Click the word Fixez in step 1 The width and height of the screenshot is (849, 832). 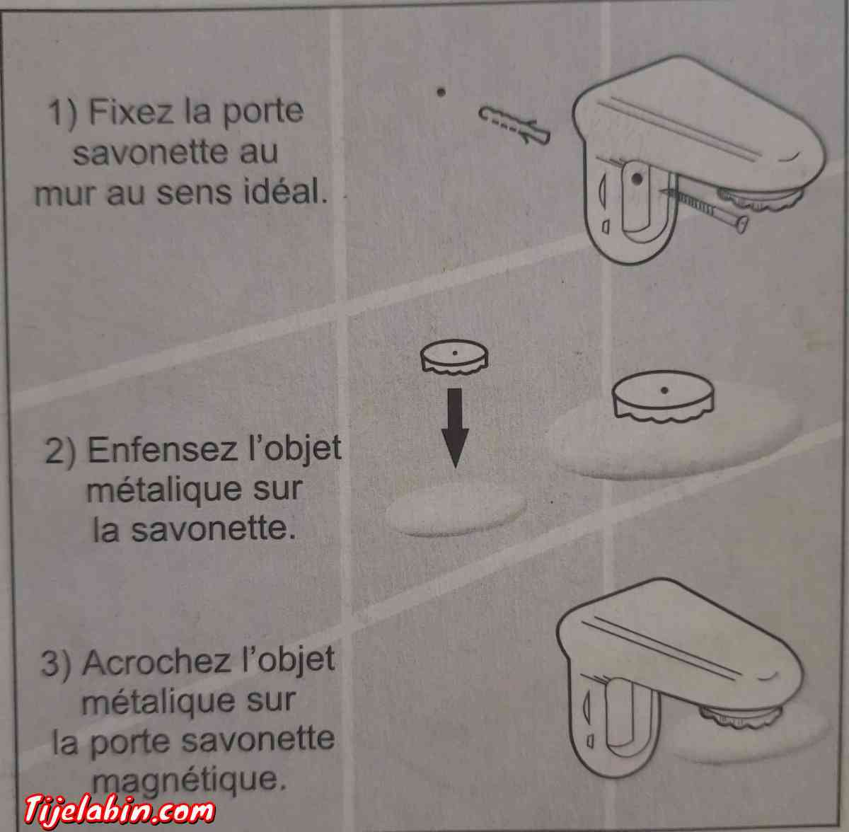click(132, 112)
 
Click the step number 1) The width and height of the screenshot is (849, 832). click(64, 113)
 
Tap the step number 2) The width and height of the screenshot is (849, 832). click(61, 451)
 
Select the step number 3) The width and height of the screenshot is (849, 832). click(57, 664)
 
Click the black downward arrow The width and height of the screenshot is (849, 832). click(455, 427)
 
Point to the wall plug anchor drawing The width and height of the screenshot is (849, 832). click(514, 125)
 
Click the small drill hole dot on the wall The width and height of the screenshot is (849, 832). click(440, 91)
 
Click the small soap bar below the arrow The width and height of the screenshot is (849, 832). click(457, 509)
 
